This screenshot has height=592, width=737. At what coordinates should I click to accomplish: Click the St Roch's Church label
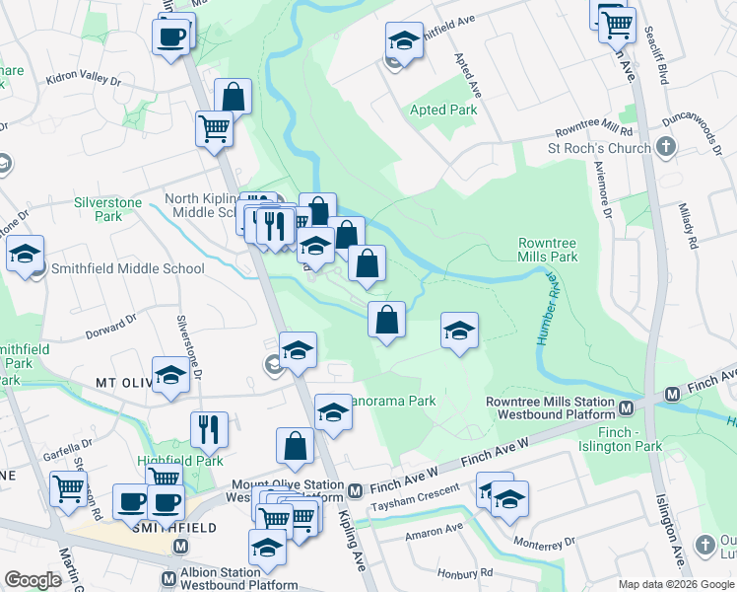[x=599, y=148]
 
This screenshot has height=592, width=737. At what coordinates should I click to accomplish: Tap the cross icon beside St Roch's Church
[x=666, y=148]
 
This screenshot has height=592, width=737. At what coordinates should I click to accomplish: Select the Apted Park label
[x=443, y=110]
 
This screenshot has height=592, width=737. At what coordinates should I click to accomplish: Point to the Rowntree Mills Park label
[x=548, y=250]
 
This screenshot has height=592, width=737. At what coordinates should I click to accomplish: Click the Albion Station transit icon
[x=180, y=546]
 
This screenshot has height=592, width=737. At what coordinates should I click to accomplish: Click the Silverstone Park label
[x=108, y=209]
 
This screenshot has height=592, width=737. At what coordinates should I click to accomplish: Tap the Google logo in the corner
[x=33, y=580]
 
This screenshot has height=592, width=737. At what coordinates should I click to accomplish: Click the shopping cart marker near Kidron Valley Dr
[x=214, y=128]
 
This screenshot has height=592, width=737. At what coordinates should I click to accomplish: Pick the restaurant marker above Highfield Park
[x=209, y=428]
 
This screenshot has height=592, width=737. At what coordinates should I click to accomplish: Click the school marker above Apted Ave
[x=403, y=40]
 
